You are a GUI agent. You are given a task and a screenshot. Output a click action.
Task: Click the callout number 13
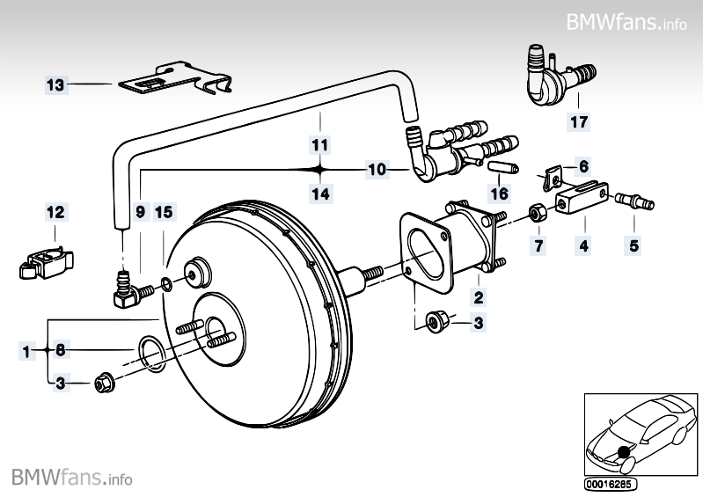point(55,84)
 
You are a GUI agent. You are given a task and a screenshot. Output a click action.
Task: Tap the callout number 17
point(579,123)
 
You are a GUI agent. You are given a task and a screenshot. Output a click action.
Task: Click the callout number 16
point(500,193)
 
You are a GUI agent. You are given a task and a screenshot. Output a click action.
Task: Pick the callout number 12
point(55,213)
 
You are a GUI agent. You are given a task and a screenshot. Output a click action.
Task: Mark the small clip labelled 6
point(553,179)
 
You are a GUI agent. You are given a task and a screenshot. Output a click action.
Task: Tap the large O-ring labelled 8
point(150,354)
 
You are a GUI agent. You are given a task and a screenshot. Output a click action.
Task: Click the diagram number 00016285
point(608,484)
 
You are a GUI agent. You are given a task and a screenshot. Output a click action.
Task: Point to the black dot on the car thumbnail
point(626,452)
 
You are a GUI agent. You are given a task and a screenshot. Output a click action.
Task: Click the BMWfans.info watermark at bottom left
point(72,478)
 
